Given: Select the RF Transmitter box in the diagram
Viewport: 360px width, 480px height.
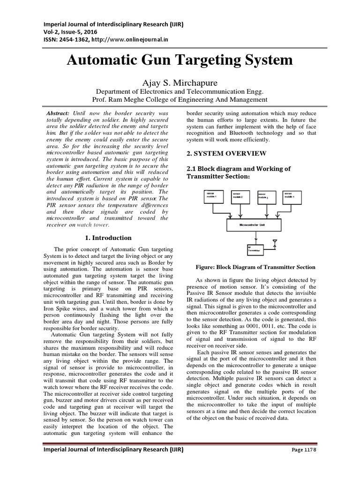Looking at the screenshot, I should (x=256, y=249).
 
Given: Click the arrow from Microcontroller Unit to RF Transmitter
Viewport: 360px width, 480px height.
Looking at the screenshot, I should (x=255, y=237).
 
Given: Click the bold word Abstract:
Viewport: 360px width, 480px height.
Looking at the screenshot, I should (x=58, y=114).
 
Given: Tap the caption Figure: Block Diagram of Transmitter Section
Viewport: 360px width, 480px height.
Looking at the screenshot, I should (x=255, y=267).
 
